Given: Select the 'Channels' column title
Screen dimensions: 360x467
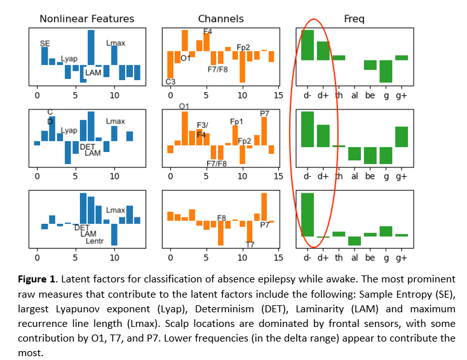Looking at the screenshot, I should pos(220,19).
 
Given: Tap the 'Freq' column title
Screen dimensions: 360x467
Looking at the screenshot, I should pos(354,19).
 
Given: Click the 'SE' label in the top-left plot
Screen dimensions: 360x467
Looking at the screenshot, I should pos(44,43).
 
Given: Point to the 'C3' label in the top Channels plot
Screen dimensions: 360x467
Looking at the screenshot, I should pos(170,81).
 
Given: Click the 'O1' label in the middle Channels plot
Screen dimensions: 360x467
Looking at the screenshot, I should pos(184,106).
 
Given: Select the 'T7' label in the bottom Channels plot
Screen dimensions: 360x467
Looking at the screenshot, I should pos(250,244).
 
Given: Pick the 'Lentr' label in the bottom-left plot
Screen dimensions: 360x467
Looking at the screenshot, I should pos(95,241).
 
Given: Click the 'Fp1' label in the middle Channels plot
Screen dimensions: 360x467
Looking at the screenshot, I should pos(236,121).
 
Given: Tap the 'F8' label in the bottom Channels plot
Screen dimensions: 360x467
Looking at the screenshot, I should pos(222,218).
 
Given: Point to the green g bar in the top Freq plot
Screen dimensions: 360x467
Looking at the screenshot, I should pos(386,71).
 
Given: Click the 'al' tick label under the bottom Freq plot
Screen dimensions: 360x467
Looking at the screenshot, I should pos(355,258).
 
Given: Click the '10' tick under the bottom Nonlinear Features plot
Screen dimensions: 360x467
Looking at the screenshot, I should pos(114,258).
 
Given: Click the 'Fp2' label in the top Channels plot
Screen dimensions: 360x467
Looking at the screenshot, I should pos(243,47).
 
